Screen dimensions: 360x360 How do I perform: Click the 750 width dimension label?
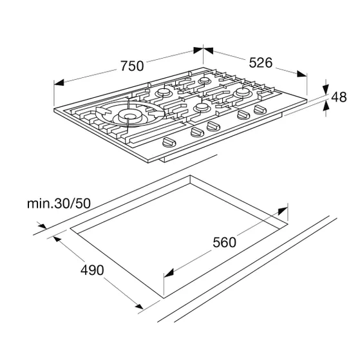coord(132,66)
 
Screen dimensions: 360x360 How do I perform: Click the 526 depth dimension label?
coord(261,62)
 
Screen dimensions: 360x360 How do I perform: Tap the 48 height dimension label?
coord(339,97)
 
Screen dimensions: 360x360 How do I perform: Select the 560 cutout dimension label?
coord(224,242)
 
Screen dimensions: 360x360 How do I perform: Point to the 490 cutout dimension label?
coord(92,270)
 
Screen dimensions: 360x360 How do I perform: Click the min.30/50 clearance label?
coord(59,204)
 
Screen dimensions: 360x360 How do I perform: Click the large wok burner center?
coord(130,116)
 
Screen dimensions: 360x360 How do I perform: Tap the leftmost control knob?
coord(169,142)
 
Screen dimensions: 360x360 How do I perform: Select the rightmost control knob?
coord(260,109)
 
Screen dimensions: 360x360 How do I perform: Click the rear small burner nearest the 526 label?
coord(204,81)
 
